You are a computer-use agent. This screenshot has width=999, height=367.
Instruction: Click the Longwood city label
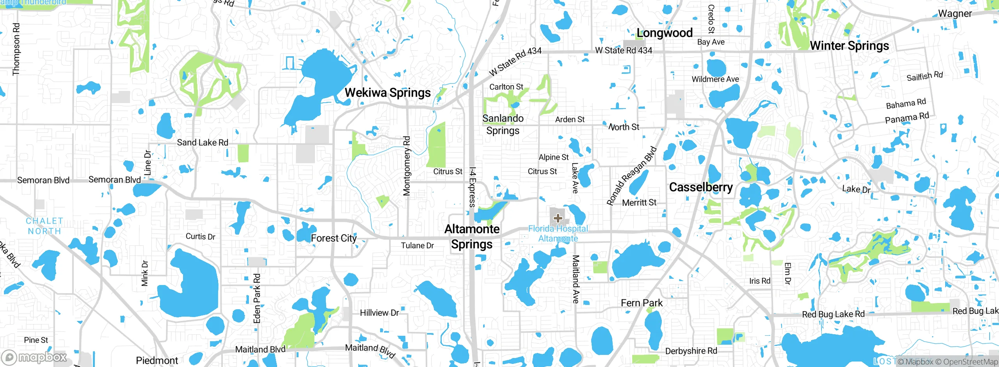coord(664,33)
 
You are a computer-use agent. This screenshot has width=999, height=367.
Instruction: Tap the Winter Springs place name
coord(849,46)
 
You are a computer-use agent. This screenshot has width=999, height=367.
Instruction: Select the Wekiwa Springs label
coord(388,93)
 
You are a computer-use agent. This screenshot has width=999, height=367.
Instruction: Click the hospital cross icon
coord(558,218)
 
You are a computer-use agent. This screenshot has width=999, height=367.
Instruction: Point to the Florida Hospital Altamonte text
coord(558,233)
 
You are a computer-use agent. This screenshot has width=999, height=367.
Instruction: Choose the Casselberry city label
coord(701,187)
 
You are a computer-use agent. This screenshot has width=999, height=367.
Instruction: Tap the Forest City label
coord(334,238)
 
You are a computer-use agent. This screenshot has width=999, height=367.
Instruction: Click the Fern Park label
coord(642,303)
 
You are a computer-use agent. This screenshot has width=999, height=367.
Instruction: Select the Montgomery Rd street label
coord(407,166)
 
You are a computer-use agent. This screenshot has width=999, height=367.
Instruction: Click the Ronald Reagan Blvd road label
coord(631,176)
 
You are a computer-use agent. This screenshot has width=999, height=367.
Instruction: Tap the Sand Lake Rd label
coord(203,143)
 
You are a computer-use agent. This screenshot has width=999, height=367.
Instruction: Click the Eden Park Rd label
coord(257,298)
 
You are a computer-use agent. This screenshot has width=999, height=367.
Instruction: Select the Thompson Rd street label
coord(16,49)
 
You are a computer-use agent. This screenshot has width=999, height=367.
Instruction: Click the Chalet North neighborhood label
coord(44,226)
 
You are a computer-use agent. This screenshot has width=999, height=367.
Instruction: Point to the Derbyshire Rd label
coord(691,351)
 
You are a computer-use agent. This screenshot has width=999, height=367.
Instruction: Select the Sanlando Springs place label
coord(503,124)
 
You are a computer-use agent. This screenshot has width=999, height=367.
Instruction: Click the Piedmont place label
coord(157,360)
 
